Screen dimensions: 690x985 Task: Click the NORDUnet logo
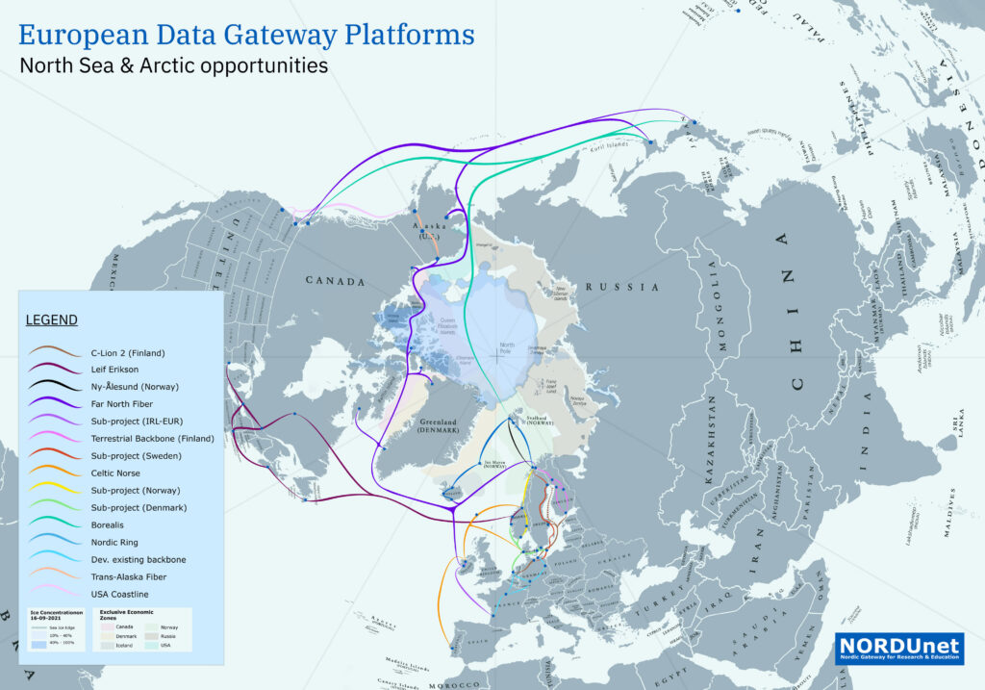(x=899, y=648)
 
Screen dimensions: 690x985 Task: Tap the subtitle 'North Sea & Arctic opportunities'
(x=174, y=66)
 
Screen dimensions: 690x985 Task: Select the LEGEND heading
(x=51, y=319)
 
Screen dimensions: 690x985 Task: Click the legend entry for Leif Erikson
(x=114, y=369)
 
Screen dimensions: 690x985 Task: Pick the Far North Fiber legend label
(x=123, y=403)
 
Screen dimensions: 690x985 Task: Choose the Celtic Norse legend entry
(x=117, y=473)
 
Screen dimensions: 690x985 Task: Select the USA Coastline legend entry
(x=119, y=594)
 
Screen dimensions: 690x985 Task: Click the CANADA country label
(x=335, y=282)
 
